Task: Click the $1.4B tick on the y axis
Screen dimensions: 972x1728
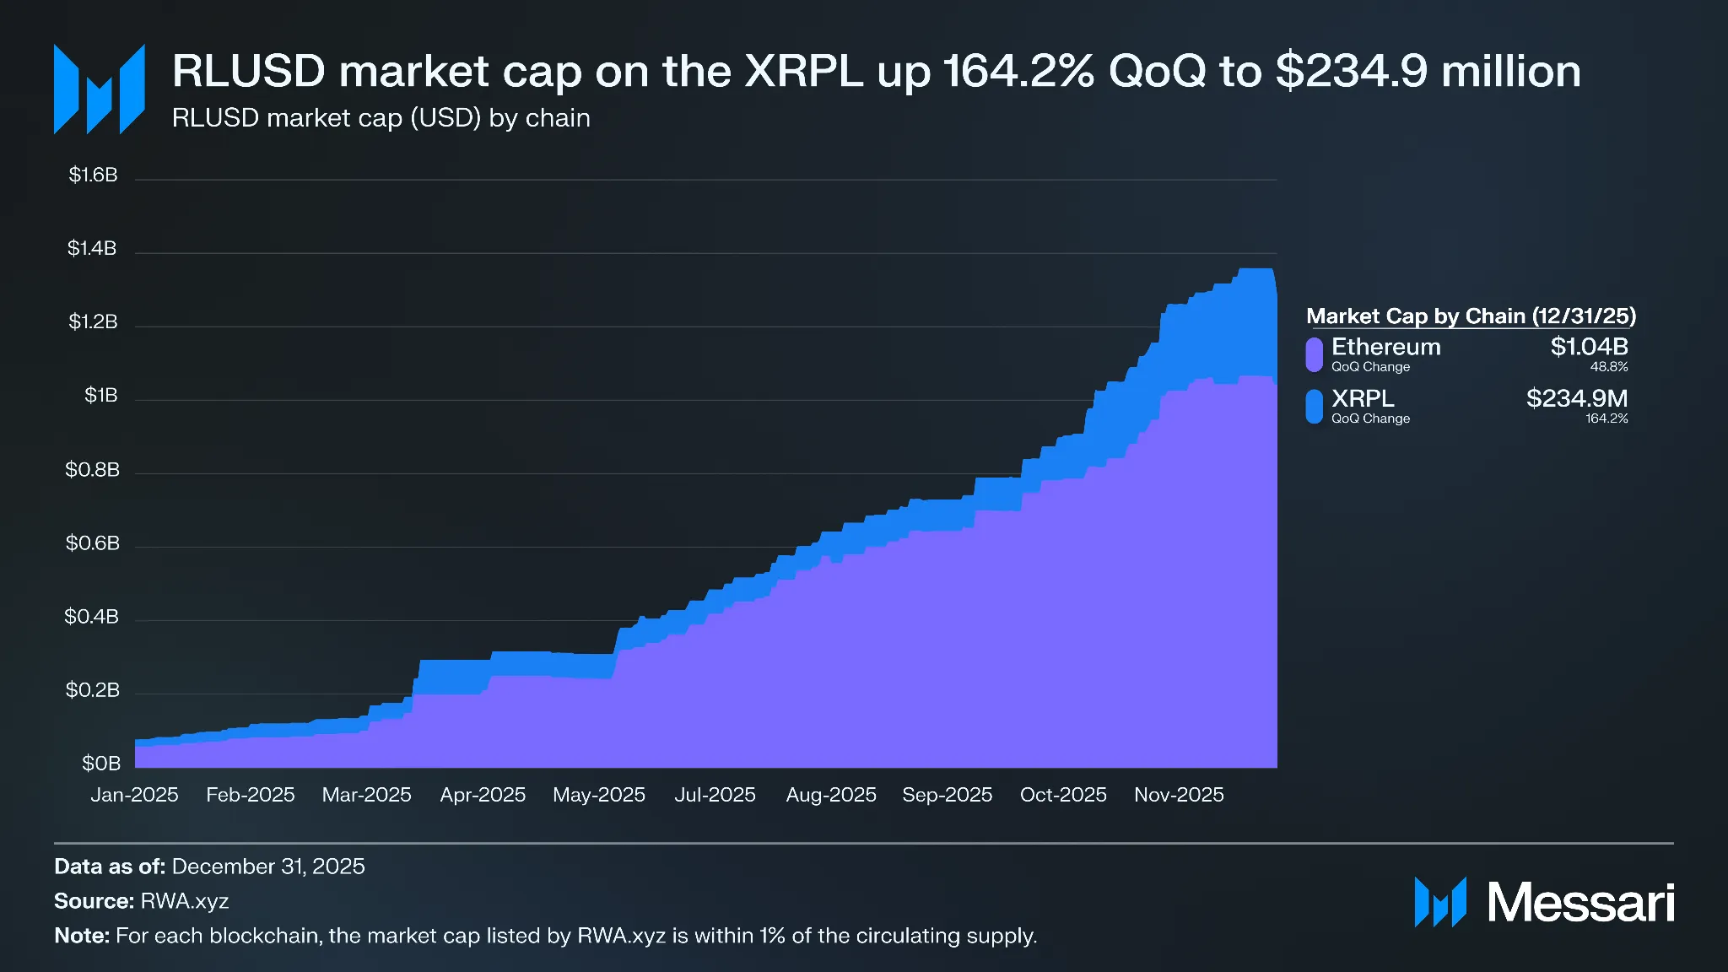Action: coord(92,249)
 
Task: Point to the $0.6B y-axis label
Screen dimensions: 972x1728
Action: coord(93,543)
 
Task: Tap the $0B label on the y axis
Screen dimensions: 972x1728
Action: coord(100,764)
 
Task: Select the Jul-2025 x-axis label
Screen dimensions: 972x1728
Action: coord(715,795)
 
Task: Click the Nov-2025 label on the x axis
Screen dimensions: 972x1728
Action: coord(1178,795)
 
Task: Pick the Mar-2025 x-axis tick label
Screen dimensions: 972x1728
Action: coord(366,795)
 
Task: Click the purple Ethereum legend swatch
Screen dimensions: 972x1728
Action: coord(1314,354)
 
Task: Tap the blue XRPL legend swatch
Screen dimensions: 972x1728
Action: coord(1314,406)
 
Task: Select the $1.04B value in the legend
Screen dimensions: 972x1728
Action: coord(1589,347)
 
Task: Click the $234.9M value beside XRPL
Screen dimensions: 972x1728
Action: coord(1576,398)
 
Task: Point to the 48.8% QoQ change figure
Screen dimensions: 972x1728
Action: coord(1608,367)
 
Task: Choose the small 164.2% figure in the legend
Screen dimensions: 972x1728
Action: coord(1606,418)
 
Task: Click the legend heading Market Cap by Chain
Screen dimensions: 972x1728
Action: coord(1470,316)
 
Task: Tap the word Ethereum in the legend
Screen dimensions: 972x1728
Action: coord(1385,347)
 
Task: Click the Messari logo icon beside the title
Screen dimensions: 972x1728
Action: coord(100,89)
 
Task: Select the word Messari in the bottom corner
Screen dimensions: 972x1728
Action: coord(1579,903)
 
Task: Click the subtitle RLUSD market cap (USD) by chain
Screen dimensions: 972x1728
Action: coord(381,118)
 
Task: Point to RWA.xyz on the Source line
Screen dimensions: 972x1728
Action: coord(184,901)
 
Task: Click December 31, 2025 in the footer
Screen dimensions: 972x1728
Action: coord(267,867)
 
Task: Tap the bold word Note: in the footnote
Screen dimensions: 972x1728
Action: coord(82,936)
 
